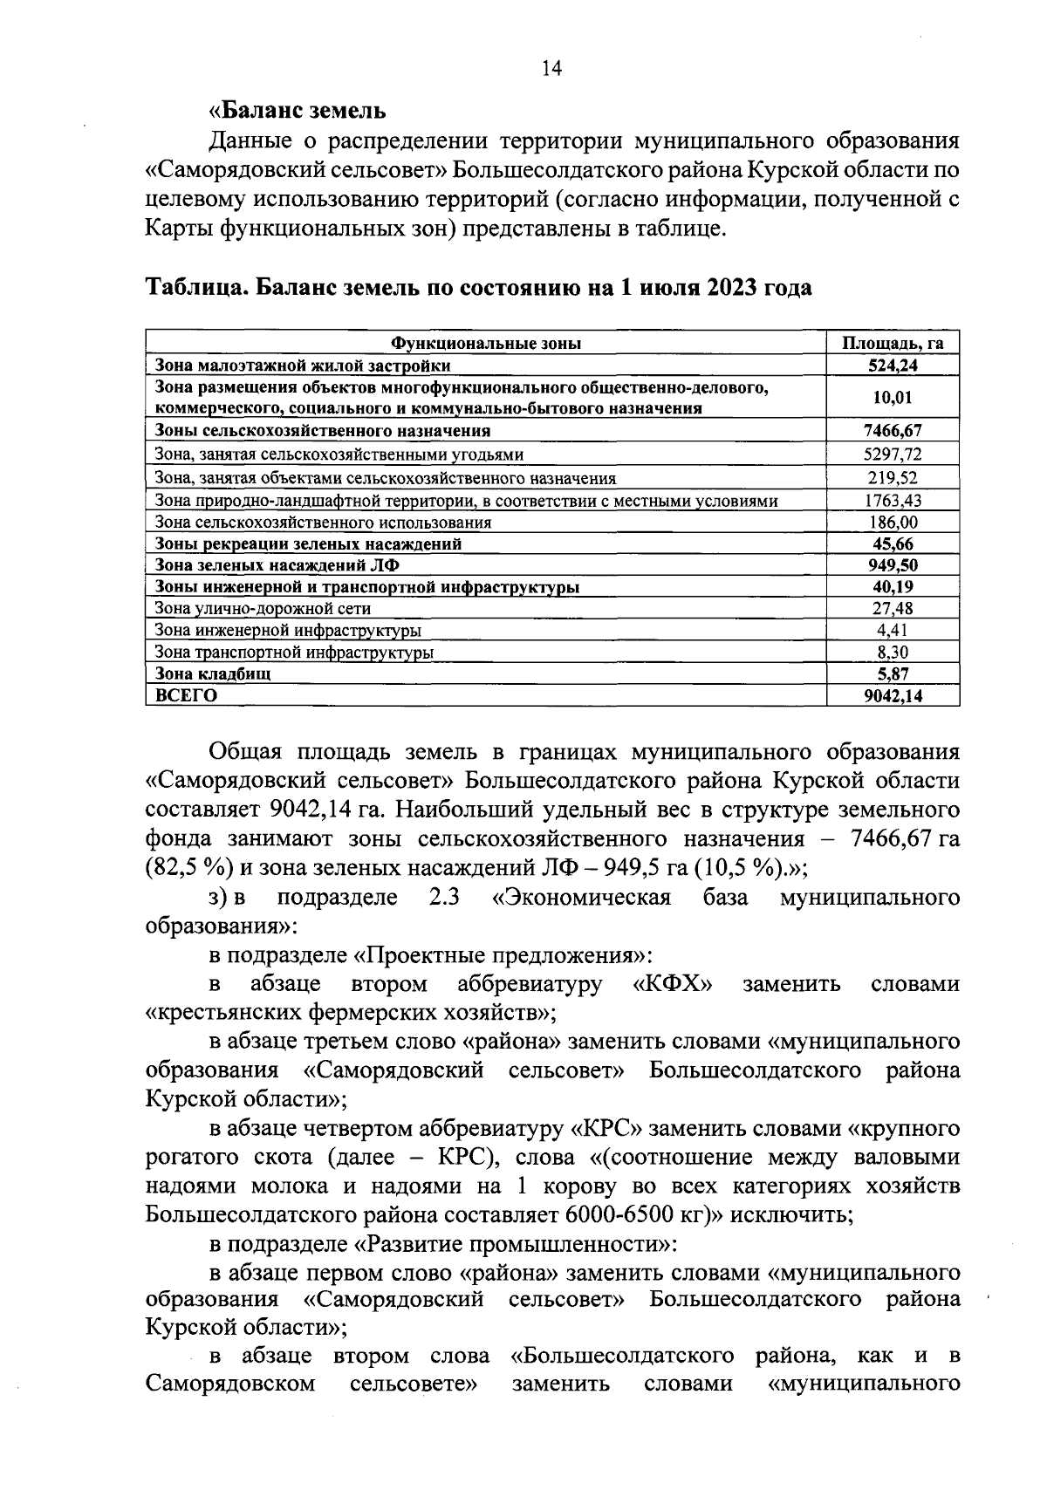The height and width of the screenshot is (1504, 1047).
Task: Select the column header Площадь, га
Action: [893, 343]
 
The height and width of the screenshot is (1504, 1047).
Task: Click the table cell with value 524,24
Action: [893, 366]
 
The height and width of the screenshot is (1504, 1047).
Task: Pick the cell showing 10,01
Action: [893, 398]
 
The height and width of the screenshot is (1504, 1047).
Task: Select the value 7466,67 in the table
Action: [893, 430]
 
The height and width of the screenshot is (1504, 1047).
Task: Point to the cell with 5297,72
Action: [893, 454]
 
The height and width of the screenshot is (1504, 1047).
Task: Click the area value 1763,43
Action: [893, 500]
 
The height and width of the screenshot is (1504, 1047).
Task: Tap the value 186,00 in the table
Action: [893, 522]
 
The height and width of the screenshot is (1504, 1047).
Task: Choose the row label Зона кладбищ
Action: [213, 673]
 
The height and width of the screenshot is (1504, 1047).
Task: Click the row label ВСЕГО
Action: [186, 695]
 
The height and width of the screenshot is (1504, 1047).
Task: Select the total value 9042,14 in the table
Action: [893, 695]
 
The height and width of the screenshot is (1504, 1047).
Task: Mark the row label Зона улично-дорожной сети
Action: [263, 608]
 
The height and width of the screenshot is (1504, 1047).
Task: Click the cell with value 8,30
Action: [893, 652]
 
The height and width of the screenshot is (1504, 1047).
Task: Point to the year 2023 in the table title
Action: [721, 288]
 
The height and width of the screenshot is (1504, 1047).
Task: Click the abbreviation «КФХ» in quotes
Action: [672, 984]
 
